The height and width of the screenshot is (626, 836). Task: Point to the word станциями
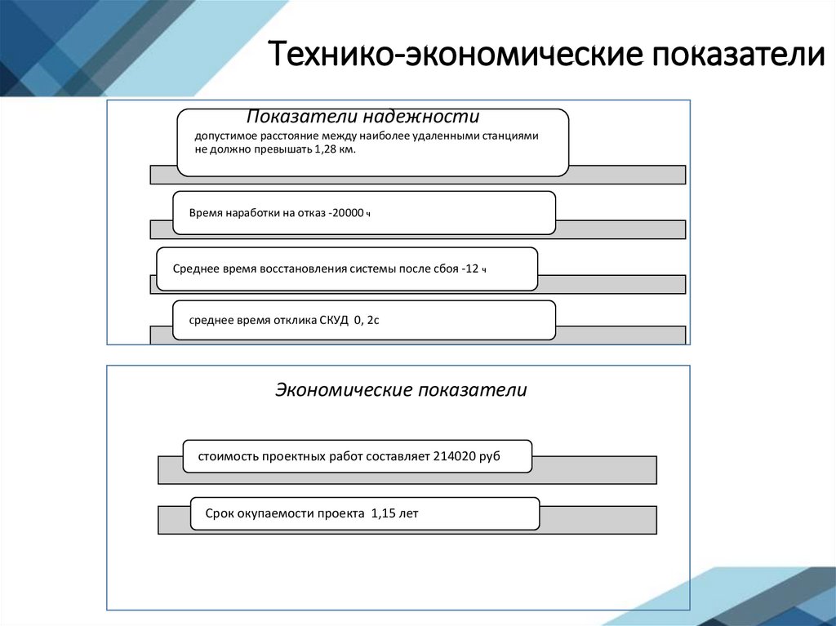(x=511, y=136)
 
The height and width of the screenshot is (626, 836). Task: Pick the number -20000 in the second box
(x=347, y=213)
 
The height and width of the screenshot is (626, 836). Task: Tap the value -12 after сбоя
(x=470, y=269)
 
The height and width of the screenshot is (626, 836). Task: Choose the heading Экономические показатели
(x=401, y=390)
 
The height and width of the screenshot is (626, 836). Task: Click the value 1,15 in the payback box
(x=382, y=513)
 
